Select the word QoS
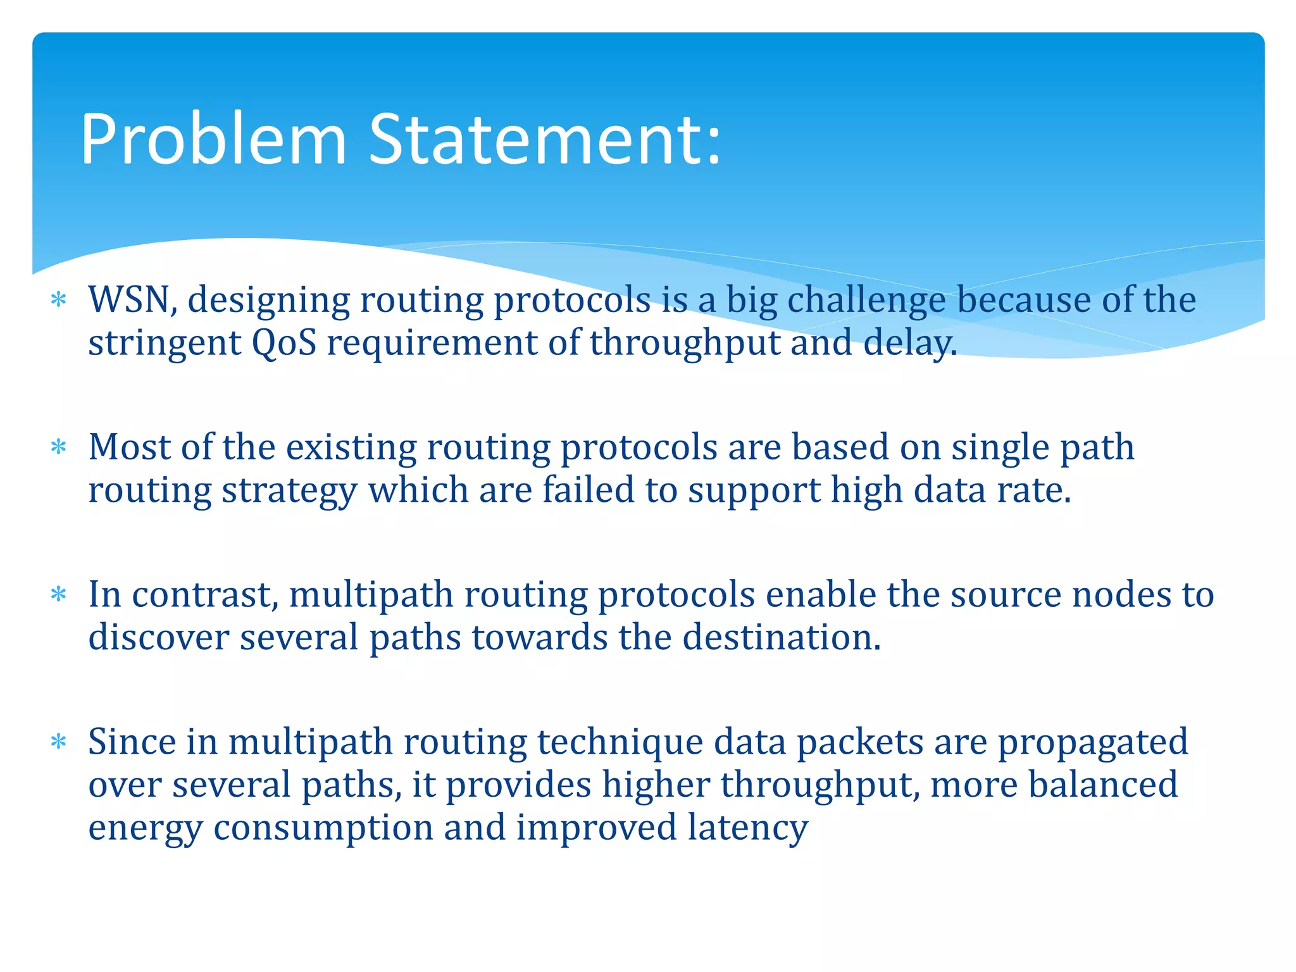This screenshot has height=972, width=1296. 284,343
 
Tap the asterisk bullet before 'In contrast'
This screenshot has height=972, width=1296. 59,595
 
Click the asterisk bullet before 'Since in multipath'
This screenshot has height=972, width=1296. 59,742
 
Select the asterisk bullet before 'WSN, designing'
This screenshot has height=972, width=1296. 59,299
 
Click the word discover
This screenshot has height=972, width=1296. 158,637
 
